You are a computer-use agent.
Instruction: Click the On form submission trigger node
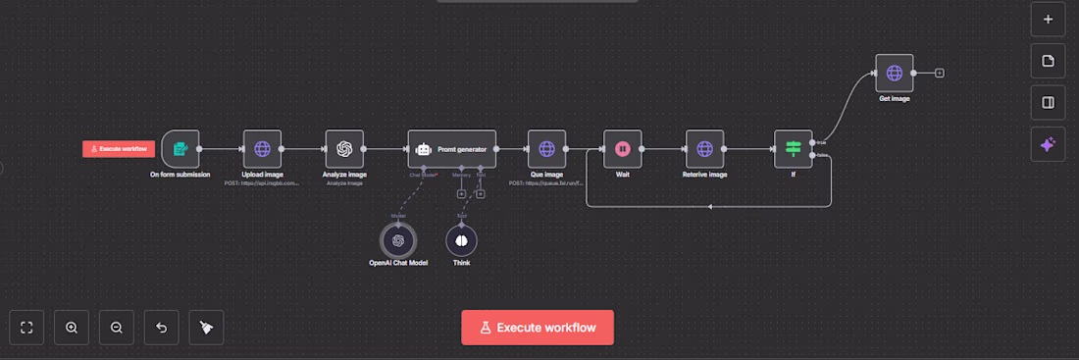click(180, 149)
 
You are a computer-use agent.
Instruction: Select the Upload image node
click(262, 149)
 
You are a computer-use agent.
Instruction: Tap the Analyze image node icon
click(344, 149)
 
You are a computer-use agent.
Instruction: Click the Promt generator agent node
click(452, 149)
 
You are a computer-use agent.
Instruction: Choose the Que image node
click(546, 149)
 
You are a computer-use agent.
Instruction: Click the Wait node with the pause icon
click(622, 149)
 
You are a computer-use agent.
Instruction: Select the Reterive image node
click(704, 149)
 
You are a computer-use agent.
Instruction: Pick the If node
click(794, 149)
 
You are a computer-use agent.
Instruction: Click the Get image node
click(894, 74)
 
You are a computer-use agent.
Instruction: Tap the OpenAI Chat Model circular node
click(398, 239)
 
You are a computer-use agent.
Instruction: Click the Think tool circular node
click(461, 239)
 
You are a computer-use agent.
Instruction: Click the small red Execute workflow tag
click(119, 149)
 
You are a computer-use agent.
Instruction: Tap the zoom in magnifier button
click(72, 327)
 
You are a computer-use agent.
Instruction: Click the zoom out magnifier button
click(117, 327)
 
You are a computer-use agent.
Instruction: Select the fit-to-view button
click(27, 327)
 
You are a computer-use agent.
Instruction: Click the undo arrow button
click(162, 327)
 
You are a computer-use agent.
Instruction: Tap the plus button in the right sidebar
click(1048, 19)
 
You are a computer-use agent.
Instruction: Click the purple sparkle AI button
click(1048, 144)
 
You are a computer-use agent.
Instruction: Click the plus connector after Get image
click(940, 74)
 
